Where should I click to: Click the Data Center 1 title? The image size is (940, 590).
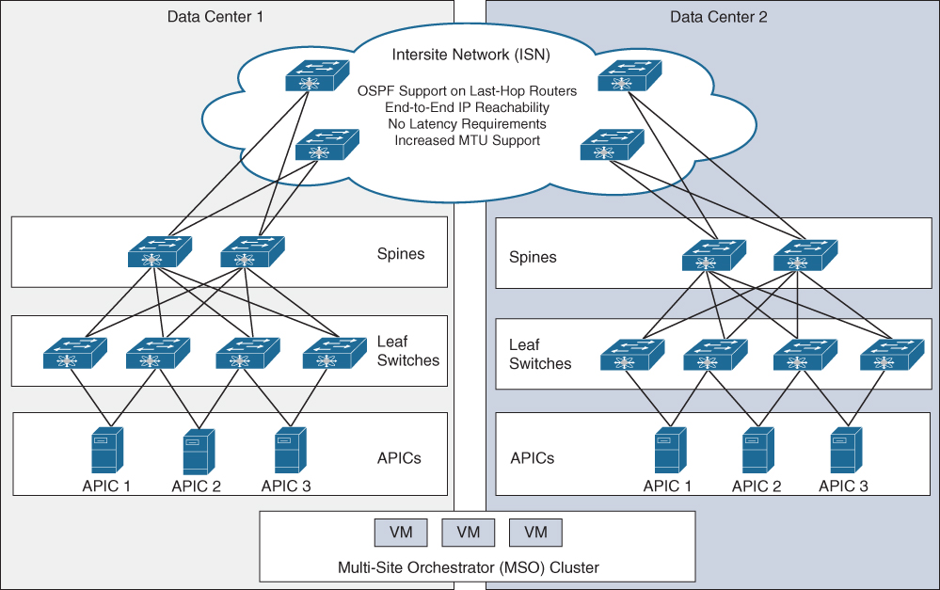(215, 16)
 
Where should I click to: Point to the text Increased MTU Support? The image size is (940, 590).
(467, 140)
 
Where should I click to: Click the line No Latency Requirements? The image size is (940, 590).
(467, 124)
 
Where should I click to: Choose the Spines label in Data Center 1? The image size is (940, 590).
(401, 253)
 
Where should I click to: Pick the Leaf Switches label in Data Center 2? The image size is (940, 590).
(540, 355)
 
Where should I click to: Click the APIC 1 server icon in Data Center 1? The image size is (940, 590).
(104, 452)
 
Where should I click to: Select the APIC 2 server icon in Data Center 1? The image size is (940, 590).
(195, 452)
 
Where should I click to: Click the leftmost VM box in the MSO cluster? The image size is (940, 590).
(401, 533)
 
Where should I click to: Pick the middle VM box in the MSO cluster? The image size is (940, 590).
(468, 533)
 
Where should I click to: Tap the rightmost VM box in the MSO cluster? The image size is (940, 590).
(535, 533)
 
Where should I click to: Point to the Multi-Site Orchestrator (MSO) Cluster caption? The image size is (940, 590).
(468, 567)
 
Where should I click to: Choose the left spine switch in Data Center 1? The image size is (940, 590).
(160, 251)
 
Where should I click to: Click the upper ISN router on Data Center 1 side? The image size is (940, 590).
(317, 77)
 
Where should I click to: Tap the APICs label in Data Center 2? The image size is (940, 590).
(533, 458)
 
